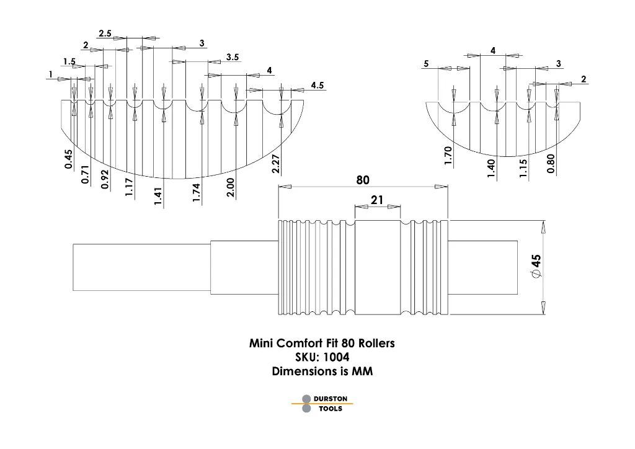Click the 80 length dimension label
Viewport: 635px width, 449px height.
(x=363, y=180)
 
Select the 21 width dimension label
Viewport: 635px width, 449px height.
(x=378, y=199)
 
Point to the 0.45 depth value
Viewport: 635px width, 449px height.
(x=68, y=159)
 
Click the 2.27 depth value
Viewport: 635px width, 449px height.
(x=276, y=164)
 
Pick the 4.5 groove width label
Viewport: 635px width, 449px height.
(x=317, y=86)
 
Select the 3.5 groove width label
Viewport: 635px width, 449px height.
(x=233, y=57)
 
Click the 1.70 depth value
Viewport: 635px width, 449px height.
(x=448, y=156)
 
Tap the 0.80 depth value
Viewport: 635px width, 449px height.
(x=551, y=164)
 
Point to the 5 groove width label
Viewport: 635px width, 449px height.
(x=426, y=64)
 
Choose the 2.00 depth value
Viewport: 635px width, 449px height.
(x=230, y=188)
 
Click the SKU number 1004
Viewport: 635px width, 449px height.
(x=336, y=357)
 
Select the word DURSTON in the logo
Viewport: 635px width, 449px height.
(x=330, y=399)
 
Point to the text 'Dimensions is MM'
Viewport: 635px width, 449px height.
(x=322, y=371)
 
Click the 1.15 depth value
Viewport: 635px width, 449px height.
(x=523, y=169)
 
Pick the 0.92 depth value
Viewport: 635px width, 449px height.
(x=105, y=179)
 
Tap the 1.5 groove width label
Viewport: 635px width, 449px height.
(x=69, y=61)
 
